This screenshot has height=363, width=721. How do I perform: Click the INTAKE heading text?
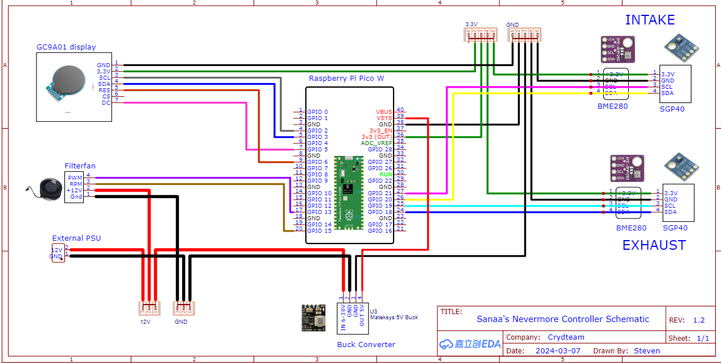(x=650, y=20)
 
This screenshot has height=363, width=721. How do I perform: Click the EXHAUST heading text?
(x=654, y=245)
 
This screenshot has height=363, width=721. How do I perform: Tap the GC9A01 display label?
(x=66, y=47)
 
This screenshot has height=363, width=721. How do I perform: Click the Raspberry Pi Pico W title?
(x=346, y=78)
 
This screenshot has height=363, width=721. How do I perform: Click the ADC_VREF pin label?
(x=376, y=143)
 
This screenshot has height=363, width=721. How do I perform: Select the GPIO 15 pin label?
(x=319, y=230)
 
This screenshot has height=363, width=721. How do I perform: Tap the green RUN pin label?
(x=386, y=174)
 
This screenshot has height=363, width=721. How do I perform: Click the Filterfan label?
(x=80, y=166)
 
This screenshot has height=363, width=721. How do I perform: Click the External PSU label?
(x=76, y=238)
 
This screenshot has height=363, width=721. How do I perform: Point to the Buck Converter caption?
(x=366, y=344)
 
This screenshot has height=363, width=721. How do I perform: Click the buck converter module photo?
(x=313, y=317)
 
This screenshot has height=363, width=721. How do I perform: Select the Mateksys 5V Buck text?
(x=394, y=317)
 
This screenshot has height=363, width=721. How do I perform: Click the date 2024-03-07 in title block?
(x=559, y=350)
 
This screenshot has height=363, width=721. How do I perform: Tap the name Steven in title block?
(x=646, y=350)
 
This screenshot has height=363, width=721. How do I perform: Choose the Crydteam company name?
(x=566, y=337)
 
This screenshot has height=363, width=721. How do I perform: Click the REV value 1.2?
(x=699, y=320)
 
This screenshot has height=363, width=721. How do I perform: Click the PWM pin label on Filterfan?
(x=75, y=178)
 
